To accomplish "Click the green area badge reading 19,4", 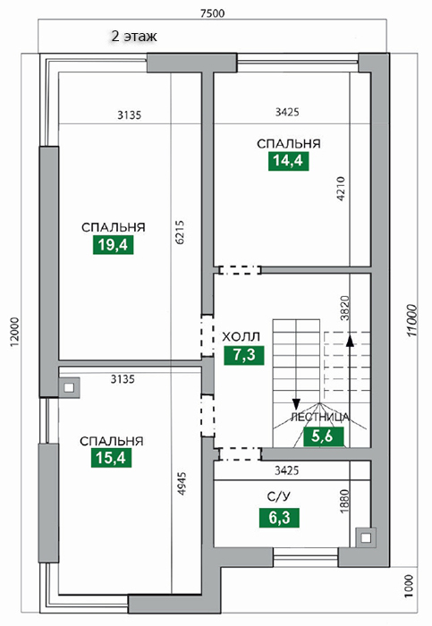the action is point(113,244).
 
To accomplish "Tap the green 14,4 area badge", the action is point(288,160).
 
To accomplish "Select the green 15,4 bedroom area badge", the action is point(112,458).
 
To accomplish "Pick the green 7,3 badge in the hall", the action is point(244,355).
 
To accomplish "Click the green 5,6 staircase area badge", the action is point(324,436).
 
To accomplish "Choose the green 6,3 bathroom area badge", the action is point(279,518).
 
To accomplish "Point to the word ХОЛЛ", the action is point(241,336).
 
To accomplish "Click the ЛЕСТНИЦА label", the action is point(320,418).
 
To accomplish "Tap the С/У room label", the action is point(279,496).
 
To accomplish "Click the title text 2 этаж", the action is point(134,37).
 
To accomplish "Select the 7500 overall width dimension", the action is point(212,13).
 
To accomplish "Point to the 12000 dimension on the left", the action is point(14,332).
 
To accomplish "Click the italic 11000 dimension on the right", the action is point(411,321).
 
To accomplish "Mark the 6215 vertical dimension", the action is point(180,233).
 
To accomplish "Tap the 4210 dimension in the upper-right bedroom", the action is point(340,189).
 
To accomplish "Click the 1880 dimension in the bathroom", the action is point(343,502).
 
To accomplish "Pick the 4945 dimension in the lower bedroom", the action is point(182,484).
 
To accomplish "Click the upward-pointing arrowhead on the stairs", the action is point(350,340).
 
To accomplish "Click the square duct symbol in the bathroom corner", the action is point(366,537).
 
